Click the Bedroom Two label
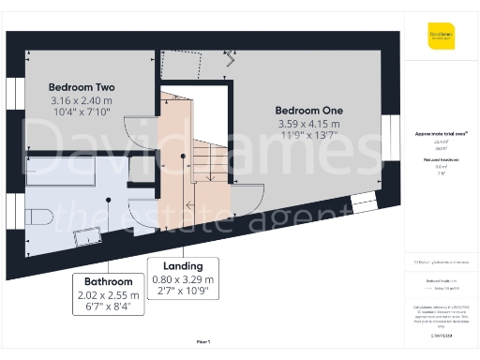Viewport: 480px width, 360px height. [81, 87]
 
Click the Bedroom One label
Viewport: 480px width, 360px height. [308, 108]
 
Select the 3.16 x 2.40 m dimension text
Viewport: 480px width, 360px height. [81, 101]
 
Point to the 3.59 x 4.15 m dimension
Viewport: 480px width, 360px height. [308, 123]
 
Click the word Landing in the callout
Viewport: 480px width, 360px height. [183, 265]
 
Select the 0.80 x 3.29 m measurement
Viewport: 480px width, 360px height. [183, 279]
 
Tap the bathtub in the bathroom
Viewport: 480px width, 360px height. [66, 172]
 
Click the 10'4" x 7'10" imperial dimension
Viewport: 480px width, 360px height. [81, 114]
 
